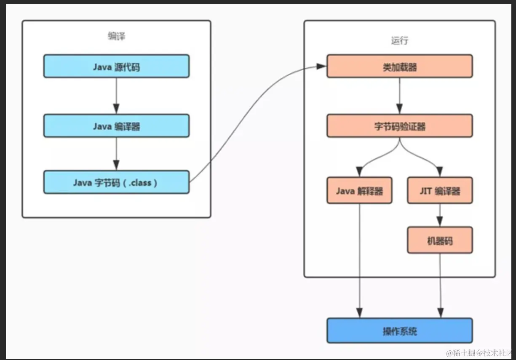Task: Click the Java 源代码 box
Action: click(116, 66)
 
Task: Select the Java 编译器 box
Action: click(116, 125)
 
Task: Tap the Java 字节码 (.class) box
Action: click(116, 182)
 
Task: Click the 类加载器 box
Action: click(399, 67)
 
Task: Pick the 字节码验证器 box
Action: click(399, 126)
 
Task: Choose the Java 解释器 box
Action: click(359, 191)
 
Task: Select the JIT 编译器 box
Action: click(440, 191)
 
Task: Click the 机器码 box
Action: click(440, 240)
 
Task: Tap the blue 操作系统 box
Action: click(399, 331)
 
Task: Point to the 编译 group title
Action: click(116, 36)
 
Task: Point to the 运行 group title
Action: click(399, 40)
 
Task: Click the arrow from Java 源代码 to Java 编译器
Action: click(116, 96)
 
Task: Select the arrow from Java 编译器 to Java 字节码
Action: click(116, 153)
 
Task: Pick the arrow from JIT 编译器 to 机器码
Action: click(440, 215)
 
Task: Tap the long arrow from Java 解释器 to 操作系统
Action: click(359, 261)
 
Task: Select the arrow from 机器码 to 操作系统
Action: click(440, 286)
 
